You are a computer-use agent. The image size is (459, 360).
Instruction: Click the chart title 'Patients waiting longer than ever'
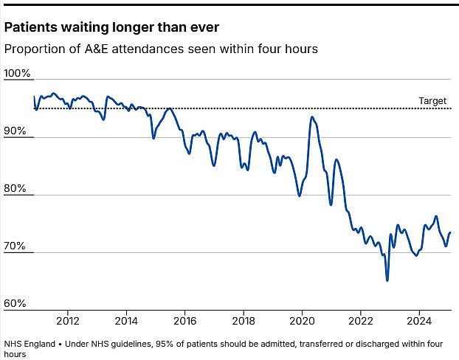tap(111, 28)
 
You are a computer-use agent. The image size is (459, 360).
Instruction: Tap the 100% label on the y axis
tap(17, 74)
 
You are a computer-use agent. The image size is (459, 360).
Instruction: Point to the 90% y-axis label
tap(15, 131)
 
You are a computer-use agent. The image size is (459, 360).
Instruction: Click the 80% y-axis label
tap(15, 189)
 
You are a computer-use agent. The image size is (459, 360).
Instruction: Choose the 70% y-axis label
tap(15, 246)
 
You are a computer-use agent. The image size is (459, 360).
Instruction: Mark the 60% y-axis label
tap(15, 304)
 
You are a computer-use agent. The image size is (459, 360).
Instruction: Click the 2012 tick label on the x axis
tap(68, 321)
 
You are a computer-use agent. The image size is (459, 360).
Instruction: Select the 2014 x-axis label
tap(126, 321)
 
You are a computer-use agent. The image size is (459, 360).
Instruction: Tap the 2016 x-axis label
tap(185, 321)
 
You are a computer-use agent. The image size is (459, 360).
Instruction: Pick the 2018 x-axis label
tap(244, 321)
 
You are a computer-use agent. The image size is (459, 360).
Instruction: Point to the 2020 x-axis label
tap(303, 321)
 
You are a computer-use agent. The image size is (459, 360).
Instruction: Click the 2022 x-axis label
tap(361, 321)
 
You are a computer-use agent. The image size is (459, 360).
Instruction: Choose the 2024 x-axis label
tap(419, 321)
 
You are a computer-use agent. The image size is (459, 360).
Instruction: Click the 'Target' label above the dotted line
tap(432, 101)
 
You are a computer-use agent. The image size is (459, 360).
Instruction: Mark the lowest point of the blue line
tap(387, 280)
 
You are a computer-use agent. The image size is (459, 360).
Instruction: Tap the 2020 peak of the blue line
tap(312, 117)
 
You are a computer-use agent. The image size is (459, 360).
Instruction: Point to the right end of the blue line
tap(450, 232)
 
